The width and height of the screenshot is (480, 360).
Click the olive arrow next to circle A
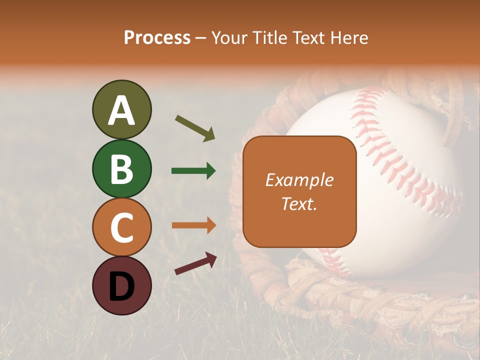pyautogui.click(x=195, y=127)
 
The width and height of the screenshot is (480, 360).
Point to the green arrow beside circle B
pyautogui.click(x=193, y=171)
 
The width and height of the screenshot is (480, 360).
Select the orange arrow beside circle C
pyautogui.click(x=194, y=225)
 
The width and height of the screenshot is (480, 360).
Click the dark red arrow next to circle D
pyautogui.click(x=195, y=263)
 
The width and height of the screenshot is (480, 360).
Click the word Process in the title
pyautogui.click(x=157, y=37)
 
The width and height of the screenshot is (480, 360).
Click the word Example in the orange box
pyautogui.click(x=299, y=180)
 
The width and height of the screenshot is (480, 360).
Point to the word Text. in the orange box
pyautogui.click(x=299, y=203)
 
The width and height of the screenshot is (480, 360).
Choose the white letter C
pyautogui.click(x=122, y=227)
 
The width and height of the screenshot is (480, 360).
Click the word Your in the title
pyautogui.click(x=229, y=37)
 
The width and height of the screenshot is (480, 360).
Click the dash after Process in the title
pyautogui.click(x=201, y=38)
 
